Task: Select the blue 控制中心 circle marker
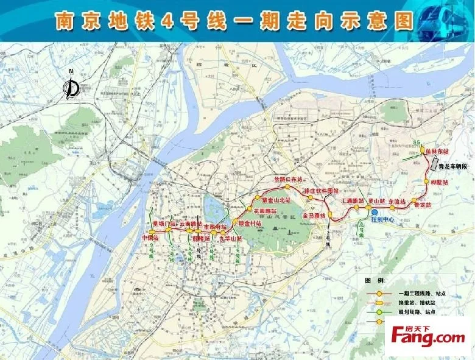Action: (375, 211)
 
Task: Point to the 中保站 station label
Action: (150, 238)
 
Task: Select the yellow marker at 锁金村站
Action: (234, 222)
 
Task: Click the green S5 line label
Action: (417, 142)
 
